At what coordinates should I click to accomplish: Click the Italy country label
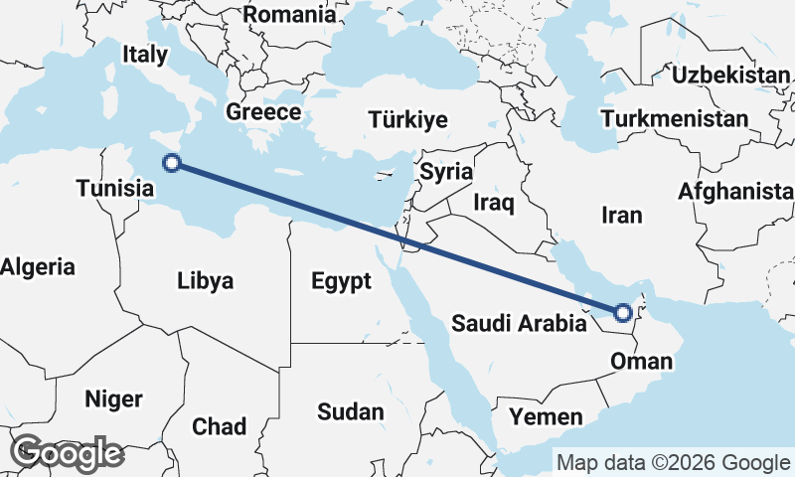[x=145, y=54]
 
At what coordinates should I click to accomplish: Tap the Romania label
[x=289, y=14]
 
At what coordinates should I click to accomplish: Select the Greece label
[x=263, y=111]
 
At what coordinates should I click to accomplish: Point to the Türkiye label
[x=407, y=120]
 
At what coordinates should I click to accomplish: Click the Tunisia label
[x=115, y=188]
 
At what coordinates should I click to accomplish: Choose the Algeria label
[x=37, y=266]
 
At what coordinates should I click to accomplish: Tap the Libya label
[x=206, y=280]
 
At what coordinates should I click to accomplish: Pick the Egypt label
[x=341, y=281]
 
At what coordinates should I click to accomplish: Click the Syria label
[x=446, y=171]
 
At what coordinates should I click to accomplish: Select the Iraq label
[x=494, y=204]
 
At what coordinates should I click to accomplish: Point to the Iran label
[x=622, y=215]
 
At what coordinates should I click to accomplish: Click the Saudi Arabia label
[x=519, y=323]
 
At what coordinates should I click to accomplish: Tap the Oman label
[x=642, y=360]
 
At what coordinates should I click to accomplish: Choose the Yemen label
[x=545, y=415]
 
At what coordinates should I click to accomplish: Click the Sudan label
[x=351, y=411]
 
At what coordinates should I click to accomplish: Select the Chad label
[x=219, y=426]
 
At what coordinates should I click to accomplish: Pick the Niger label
[x=113, y=399]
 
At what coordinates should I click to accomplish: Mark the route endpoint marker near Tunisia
[x=171, y=163]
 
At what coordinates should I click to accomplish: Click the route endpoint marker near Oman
[x=622, y=313]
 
